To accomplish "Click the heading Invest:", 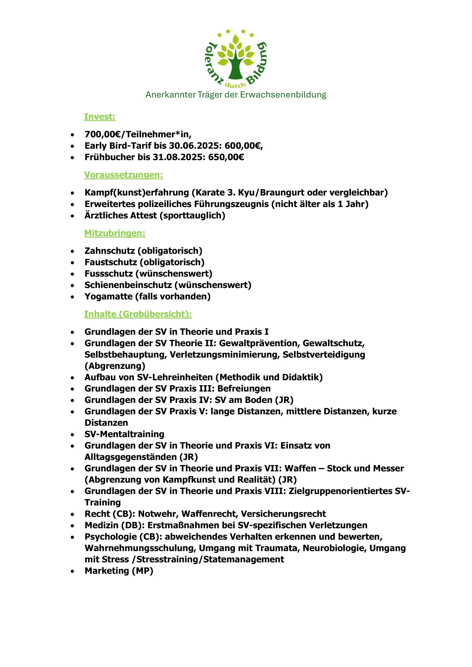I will [x=100, y=117].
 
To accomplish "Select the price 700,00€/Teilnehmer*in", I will [x=138, y=134].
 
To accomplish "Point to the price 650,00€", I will [x=226, y=157].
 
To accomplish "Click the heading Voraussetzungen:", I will [x=124, y=175].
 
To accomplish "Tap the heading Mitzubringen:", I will [x=115, y=233].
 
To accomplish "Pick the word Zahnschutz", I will [x=110, y=251].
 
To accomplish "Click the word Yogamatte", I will [x=109, y=296].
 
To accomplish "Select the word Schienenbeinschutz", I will [x=128, y=285].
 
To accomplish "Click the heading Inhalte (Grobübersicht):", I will [x=138, y=314].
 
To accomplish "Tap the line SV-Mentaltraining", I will [x=124, y=434].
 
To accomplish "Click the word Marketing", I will [x=107, y=571].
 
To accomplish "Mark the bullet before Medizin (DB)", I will [x=72, y=526].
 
